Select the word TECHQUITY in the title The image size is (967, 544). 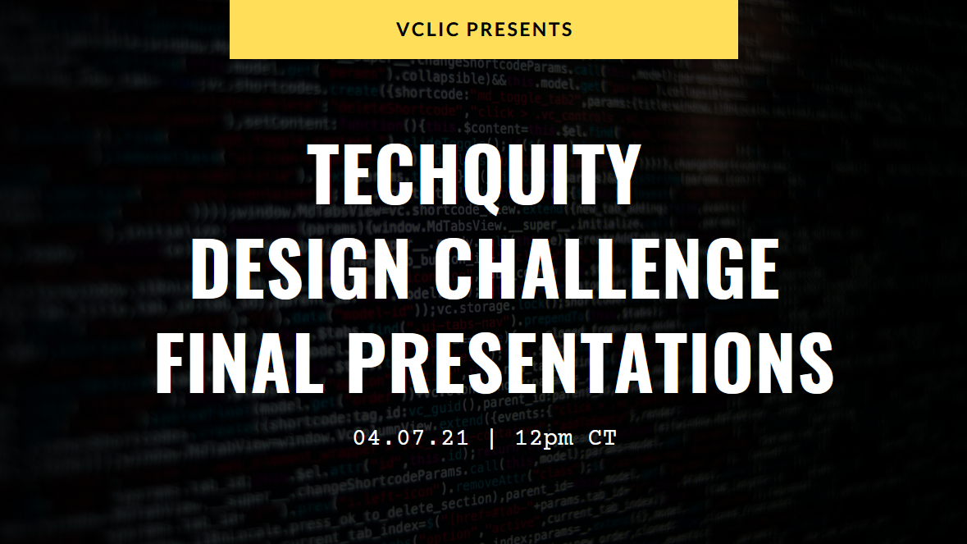click(475, 176)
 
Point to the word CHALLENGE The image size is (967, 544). click(606, 270)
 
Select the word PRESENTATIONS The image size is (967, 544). click(589, 363)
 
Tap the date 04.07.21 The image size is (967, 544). click(411, 437)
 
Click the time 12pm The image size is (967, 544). click(545, 437)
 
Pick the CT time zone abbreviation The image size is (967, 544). click(602, 437)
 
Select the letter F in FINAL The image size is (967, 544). click(172, 363)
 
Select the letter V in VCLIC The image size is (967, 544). click(403, 30)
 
